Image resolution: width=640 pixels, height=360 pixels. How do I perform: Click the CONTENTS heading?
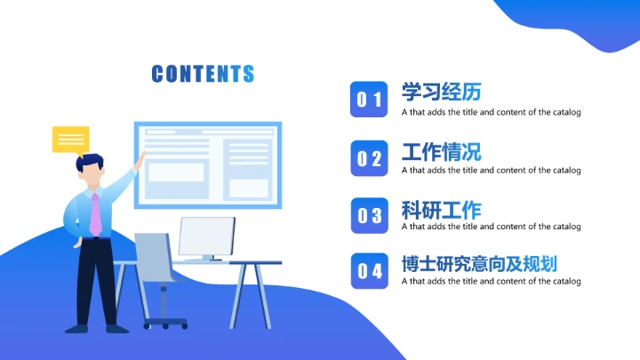(203, 74)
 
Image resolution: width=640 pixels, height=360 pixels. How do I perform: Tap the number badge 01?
(369, 100)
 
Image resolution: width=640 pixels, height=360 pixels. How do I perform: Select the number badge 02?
(369, 158)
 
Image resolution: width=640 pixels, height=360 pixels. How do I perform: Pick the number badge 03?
(369, 215)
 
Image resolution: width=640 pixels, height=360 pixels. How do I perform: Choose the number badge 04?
(369, 271)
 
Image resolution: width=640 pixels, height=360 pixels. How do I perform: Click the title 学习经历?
(441, 92)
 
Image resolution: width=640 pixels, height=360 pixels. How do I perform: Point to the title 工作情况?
(441, 151)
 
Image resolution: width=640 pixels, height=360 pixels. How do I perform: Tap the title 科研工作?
(441, 211)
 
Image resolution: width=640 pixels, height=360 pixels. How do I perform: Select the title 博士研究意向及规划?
(479, 264)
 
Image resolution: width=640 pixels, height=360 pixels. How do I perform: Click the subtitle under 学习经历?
(491, 113)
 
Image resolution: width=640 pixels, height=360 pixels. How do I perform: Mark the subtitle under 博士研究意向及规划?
(491, 282)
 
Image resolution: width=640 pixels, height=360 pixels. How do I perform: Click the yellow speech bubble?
(70, 140)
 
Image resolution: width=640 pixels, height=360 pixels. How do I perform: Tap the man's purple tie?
(94, 214)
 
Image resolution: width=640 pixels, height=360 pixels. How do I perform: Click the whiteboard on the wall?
(207, 164)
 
